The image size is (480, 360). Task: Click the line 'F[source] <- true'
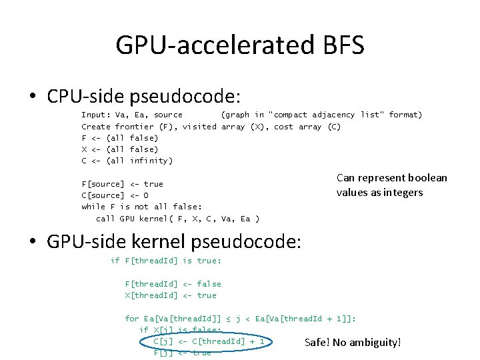click(x=122, y=183)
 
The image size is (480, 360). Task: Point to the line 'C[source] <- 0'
click(x=115, y=195)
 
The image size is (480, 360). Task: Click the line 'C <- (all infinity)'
click(x=127, y=161)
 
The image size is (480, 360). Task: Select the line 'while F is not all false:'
click(x=141, y=207)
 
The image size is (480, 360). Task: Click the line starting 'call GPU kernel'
click(x=177, y=218)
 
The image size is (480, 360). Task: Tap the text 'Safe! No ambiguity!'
click(x=353, y=343)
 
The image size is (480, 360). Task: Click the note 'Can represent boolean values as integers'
click(x=391, y=185)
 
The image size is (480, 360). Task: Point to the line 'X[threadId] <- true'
click(x=171, y=295)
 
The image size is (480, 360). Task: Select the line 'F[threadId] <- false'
click(x=173, y=284)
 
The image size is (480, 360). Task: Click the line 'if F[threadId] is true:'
click(x=165, y=261)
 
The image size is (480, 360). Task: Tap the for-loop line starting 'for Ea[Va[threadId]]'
click(x=240, y=319)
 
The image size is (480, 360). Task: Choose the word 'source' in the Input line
click(x=167, y=115)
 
